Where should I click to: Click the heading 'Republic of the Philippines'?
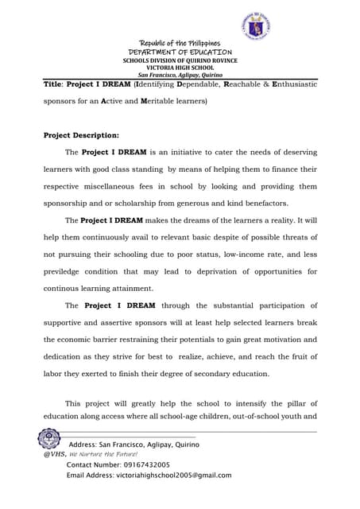[180, 43]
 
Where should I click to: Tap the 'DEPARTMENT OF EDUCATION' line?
[180, 52]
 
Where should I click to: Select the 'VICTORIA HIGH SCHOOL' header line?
[180, 68]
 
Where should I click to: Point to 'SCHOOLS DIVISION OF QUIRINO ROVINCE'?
[180, 60]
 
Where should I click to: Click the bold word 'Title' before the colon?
[52, 84]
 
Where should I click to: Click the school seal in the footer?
[49, 439]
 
